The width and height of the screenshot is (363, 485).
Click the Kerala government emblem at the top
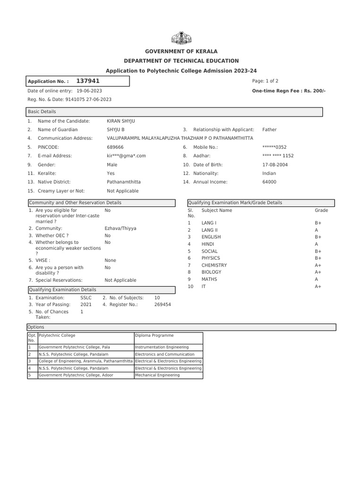(181, 37)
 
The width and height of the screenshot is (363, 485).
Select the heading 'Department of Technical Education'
(181, 61)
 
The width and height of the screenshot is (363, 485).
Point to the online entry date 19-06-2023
(89, 90)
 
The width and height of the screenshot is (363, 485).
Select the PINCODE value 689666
(115, 147)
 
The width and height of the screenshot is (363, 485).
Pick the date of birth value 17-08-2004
(275, 165)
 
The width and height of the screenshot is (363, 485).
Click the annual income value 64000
(269, 182)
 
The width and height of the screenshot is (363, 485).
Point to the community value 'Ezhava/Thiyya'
(120, 228)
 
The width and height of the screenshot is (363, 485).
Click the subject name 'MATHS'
(209, 279)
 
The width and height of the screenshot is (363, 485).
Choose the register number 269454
(163, 305)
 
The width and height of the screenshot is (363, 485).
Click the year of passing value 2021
(86, 305)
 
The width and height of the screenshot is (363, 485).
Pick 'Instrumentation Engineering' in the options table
(162, 347)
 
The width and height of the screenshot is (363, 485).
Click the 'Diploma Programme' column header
(151, 335)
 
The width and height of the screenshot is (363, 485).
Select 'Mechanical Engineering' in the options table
(157, 375)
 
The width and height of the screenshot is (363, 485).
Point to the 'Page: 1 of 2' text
(265, 81)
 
